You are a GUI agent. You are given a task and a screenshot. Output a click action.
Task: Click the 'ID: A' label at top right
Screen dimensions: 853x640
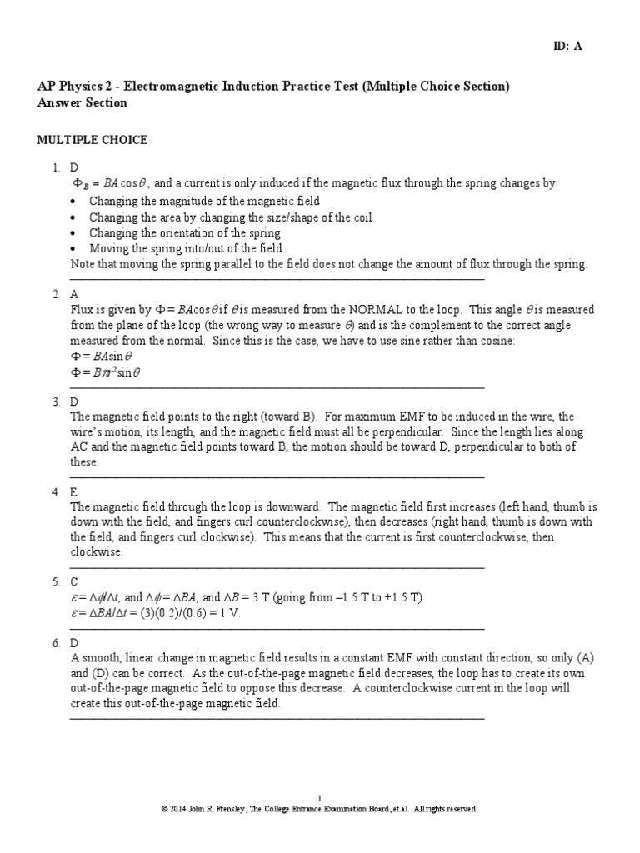click(x=568, y=47)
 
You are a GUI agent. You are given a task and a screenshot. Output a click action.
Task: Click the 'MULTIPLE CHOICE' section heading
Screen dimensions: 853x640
click(x=92, y=140)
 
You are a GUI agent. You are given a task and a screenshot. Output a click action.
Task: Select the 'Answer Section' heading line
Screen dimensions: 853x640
click(x=82, y=102)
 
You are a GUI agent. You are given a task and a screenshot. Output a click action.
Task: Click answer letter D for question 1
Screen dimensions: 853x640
click(x=74, y=169)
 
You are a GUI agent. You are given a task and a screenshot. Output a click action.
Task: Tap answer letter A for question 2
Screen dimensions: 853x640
click(x=74, y=295)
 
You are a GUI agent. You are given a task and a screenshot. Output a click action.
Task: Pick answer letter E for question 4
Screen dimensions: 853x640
click(x=74, y=492)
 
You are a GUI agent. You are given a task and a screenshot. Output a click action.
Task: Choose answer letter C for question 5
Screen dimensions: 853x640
click(x=74, y=582)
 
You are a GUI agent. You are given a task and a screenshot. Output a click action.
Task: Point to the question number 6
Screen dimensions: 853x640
click(x=56, y=643)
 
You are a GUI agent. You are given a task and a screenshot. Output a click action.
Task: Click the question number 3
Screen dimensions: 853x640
click(x=56, y=402)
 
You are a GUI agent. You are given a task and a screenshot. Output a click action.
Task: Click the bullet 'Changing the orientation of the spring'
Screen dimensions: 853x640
click(x=184, y=233)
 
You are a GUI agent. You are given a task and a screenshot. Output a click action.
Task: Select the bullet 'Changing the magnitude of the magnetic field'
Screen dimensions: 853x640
click(x=204, y=202)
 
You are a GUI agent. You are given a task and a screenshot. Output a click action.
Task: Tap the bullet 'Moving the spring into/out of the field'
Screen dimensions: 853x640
click(x=185, y=248)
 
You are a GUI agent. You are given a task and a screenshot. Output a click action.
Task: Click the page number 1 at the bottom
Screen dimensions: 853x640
click(x=320, y=797)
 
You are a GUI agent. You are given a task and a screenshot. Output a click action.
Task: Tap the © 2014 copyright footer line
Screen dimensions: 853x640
click(x=320, y=808)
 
